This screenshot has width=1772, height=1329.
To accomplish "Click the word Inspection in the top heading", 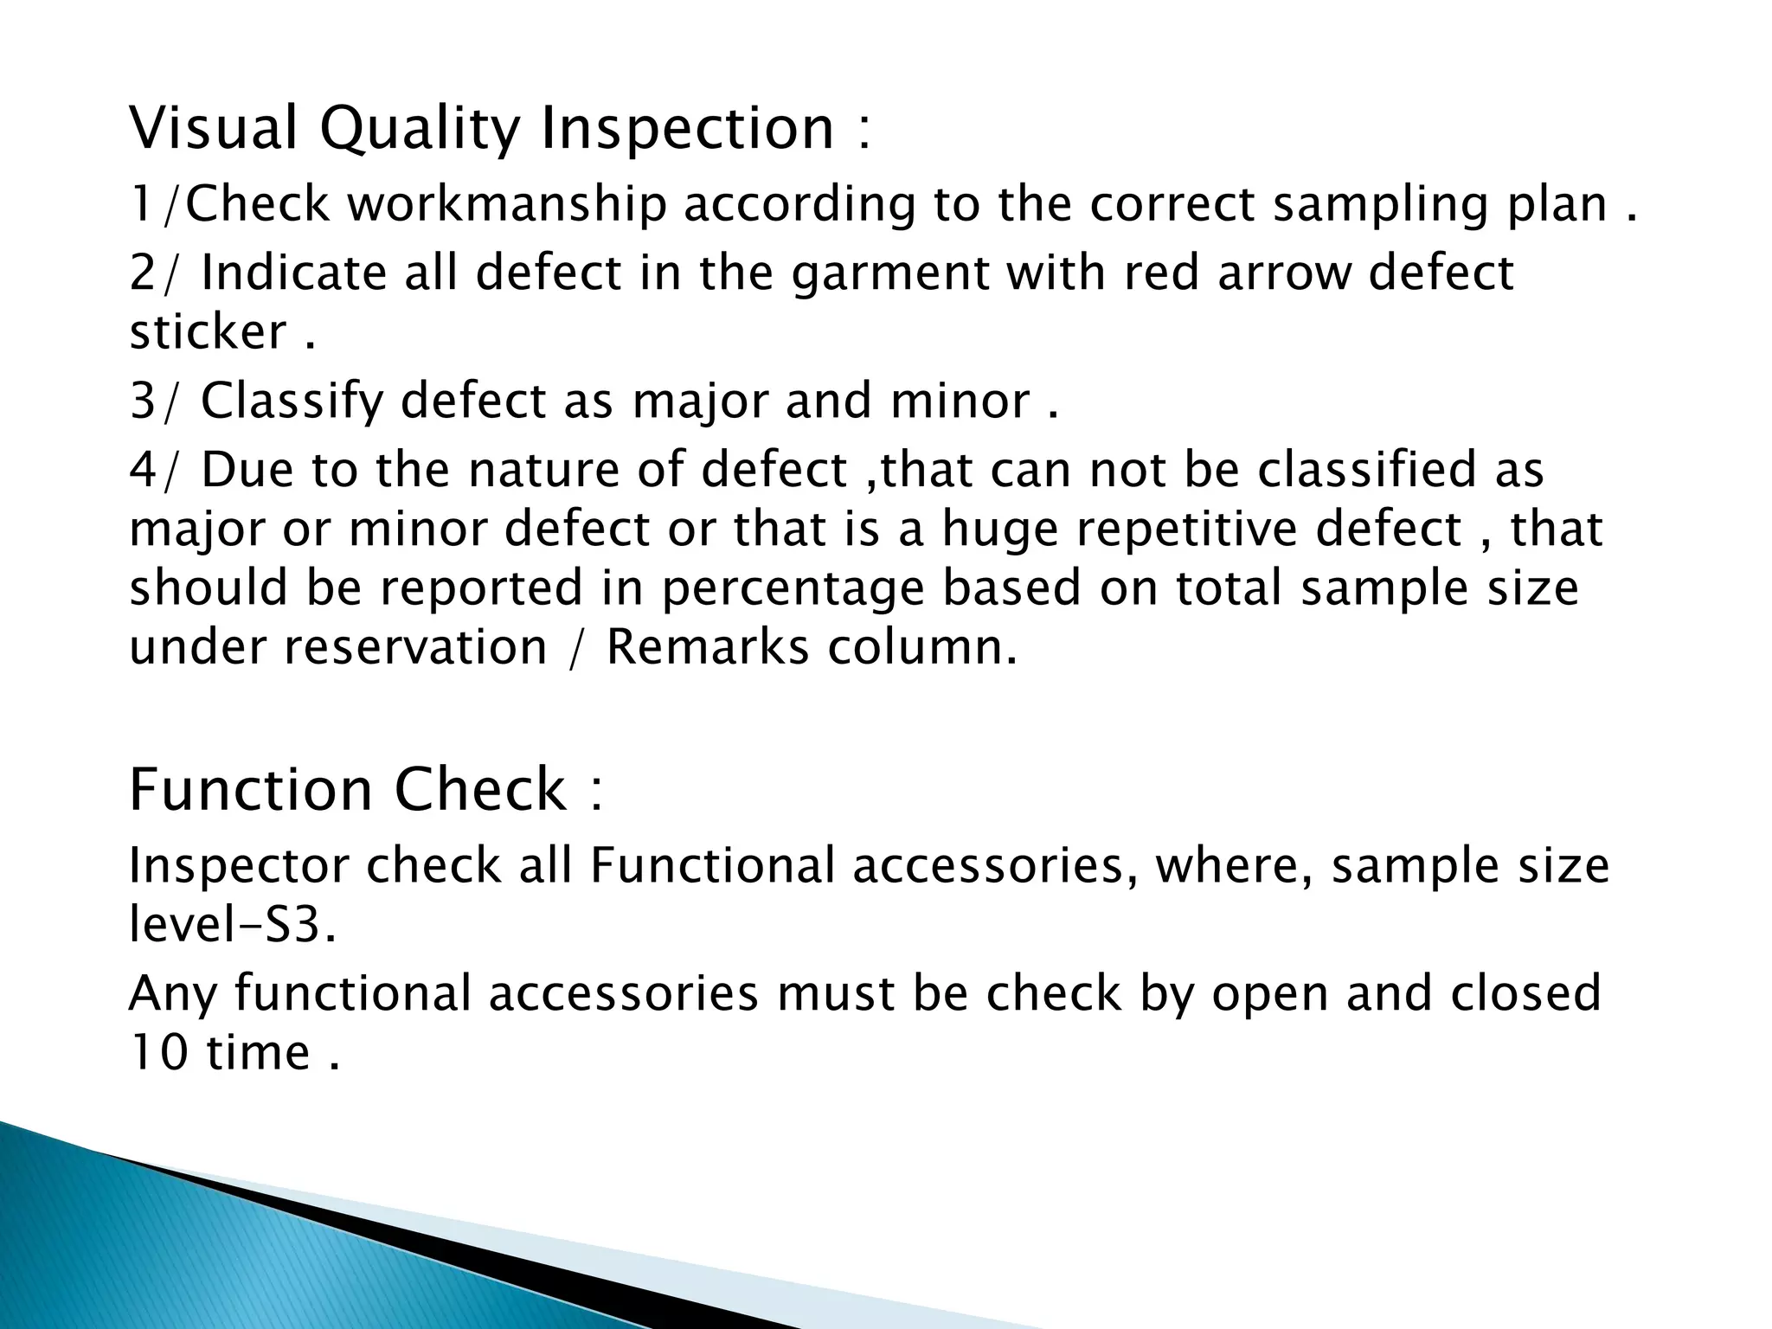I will [687, 127].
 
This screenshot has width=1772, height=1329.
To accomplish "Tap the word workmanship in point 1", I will [508, 205].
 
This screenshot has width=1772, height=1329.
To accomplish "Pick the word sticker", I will [208, 332].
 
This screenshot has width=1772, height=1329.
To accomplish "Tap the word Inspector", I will [239, 867].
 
